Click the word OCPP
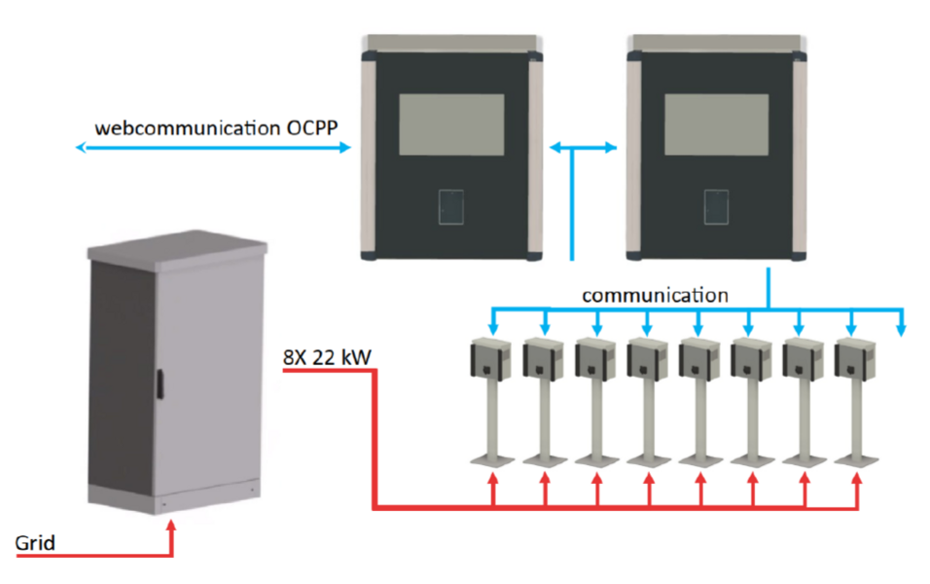click(x=312, y=128)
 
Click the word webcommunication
click(x=188, y=128)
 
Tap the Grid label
click(x=35, y=542)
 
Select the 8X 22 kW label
click(x=327, y=357)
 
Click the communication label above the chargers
click(x=655, y=295)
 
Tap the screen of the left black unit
click(x=451, y=125)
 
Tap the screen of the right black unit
click(x=717, y=125)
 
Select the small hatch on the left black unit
click(x=451, y=207)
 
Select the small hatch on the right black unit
click(x=717, y=207)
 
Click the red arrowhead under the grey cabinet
click(x=171, y=526)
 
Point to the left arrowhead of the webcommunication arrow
click(x=82, y=147)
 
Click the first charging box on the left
click(x=491, y=358)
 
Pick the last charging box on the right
click(x=855, y=358)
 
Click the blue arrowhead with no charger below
click(x=902, y=330)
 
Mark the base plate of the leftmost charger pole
click(x=491, y=460)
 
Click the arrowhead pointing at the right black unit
click(x=611, y=147)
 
